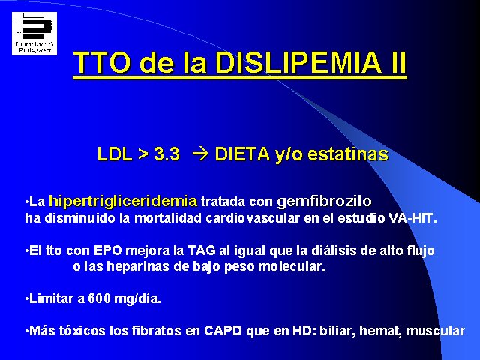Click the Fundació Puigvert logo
(34, 34)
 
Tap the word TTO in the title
(102, 62)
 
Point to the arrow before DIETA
(200, 154)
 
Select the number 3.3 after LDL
(166, 154)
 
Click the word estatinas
(348, 154)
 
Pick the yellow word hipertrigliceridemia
(123, 202)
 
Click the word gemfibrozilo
(324, 202)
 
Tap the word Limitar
(51, 298)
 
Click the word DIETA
(242, 154)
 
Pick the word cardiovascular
(253, 218)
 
